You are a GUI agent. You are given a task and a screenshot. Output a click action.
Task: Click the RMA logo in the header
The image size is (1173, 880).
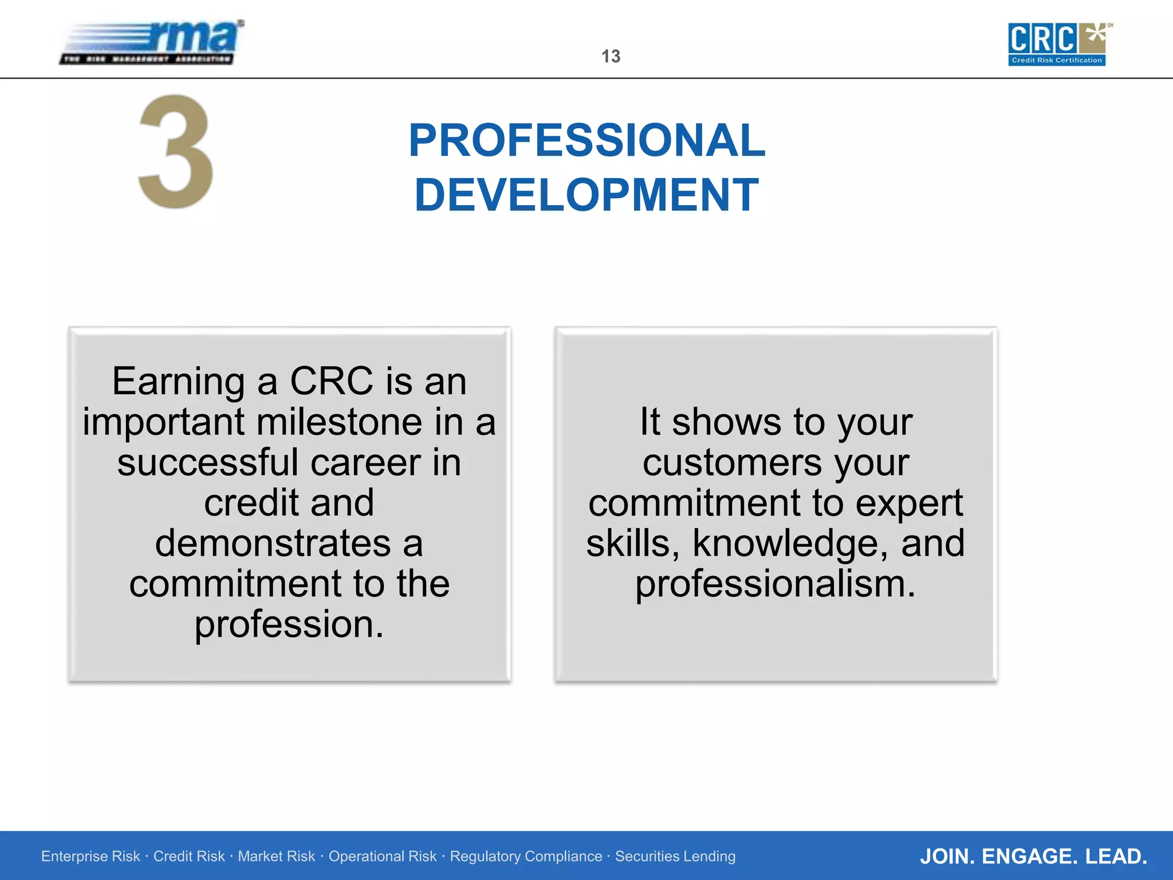(152, 42)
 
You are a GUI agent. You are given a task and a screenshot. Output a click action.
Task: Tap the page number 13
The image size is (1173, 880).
(611, 56)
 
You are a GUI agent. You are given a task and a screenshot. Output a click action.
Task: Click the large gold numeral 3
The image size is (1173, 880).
(176, 151)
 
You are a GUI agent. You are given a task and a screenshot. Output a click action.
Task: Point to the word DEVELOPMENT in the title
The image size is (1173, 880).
(586, 195)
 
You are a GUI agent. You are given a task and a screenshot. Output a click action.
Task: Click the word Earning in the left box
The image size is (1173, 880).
(178, 381)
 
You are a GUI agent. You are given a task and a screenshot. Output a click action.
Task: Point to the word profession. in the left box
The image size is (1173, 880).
(289, 624)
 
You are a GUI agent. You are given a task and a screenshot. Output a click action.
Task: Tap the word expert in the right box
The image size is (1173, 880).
(909, 503)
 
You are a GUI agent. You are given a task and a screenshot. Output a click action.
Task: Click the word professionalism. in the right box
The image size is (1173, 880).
(776, 584)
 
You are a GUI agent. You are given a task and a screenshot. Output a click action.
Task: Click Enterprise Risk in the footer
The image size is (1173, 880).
(90, 857)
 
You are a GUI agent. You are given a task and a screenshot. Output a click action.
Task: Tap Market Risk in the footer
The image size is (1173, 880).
(276, 857)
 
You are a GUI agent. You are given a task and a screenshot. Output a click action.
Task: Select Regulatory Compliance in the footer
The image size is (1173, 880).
(526, 857)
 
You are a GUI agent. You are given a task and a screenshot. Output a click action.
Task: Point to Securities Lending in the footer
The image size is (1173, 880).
(675, 857)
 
